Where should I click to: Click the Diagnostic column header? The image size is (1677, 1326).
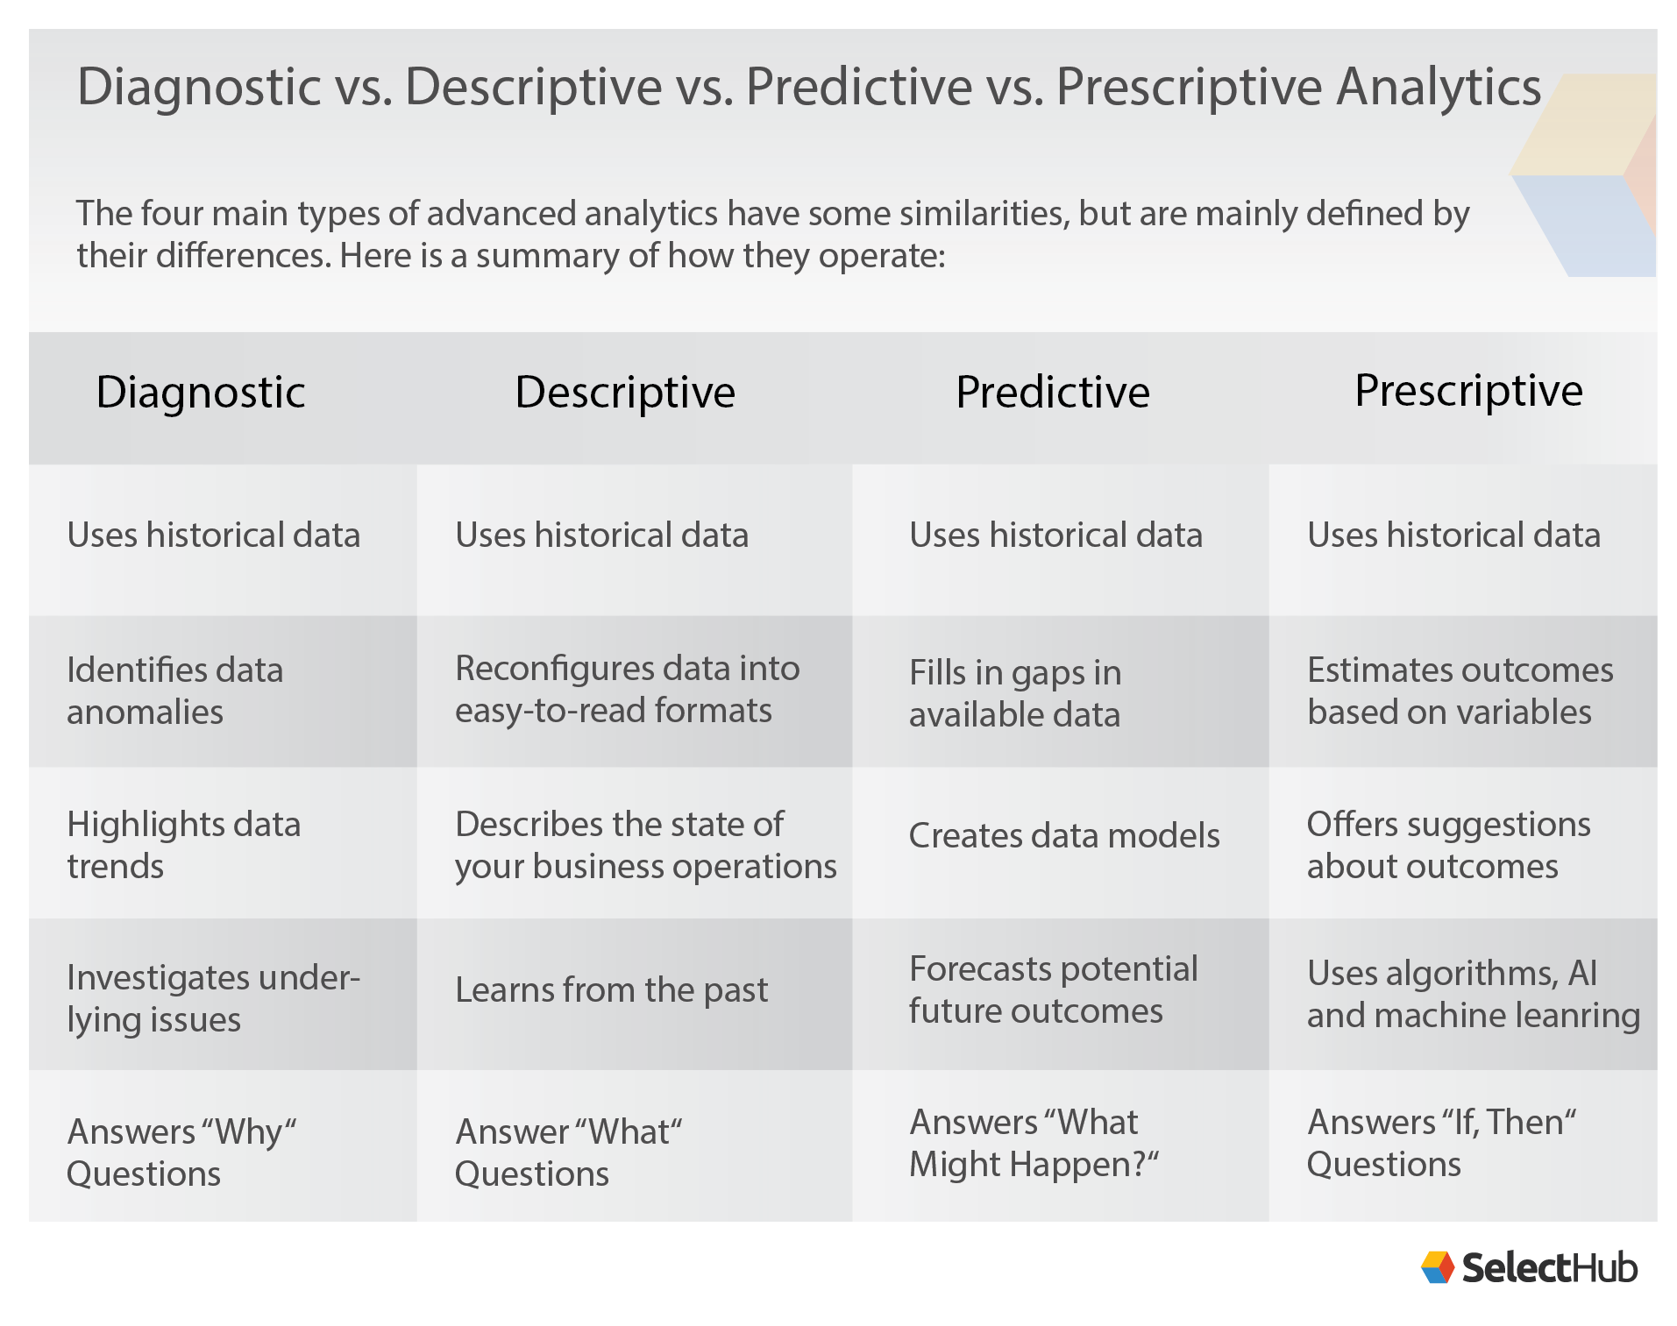click(201, 392)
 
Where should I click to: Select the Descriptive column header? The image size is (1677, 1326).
click(624, 392)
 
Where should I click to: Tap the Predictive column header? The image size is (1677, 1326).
click(1052, 392)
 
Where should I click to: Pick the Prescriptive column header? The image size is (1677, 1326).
click(1468, 391)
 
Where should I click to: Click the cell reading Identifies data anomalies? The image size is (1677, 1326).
click(175, 691)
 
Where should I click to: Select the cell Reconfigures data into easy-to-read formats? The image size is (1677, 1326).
click(627, 690)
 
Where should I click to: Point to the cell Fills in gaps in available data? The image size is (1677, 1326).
click(1014, 693)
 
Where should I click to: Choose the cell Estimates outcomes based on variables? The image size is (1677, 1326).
click(1460, 691)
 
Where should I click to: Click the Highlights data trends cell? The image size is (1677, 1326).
click(183, 845)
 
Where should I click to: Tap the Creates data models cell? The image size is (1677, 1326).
click(1063, 835)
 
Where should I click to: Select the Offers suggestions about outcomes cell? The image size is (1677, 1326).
click(1448, 845)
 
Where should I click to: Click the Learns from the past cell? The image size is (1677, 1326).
click(611, 990)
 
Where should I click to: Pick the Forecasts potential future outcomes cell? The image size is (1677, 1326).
click(1053, 989)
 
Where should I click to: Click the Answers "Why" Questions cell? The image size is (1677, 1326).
click(181, 1152)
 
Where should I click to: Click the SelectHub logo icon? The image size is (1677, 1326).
click(1438, 1267)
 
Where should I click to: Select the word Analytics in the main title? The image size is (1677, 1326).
click(1438, 87)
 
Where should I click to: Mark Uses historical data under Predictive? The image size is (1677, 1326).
click(1055, 535)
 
